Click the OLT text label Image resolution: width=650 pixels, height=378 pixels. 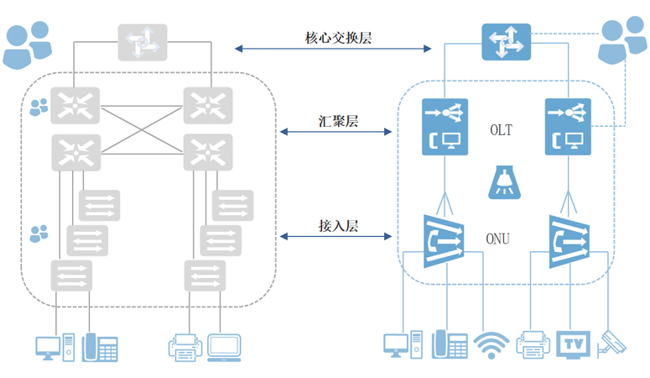501,131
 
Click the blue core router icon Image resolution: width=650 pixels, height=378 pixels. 504,41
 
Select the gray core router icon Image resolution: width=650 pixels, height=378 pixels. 143,42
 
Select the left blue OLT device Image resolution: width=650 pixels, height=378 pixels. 445,127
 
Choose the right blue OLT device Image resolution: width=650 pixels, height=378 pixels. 568,127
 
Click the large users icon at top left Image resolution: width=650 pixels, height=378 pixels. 26,45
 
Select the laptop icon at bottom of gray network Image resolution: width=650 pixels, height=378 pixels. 224,347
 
